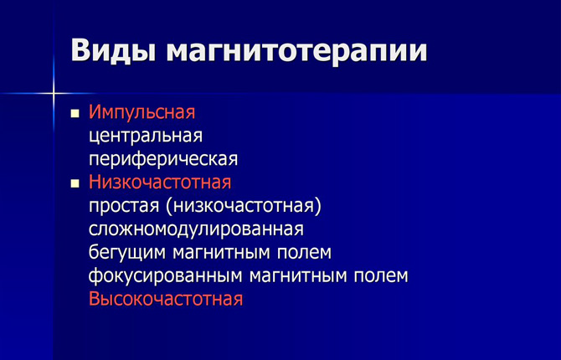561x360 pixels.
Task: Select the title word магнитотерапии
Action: (296, 52)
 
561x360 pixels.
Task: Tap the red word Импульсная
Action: (142, 113)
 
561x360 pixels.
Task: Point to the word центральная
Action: (146, 136)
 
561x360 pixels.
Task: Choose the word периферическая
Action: (163, 159)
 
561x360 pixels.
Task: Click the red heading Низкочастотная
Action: (160, 182)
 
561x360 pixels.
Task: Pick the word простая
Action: (124, 206)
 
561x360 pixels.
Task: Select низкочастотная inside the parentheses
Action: (243, 206)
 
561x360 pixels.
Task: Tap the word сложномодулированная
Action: (196, 229)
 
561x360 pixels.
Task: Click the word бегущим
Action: (127, 252)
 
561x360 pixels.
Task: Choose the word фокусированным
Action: (165, 275)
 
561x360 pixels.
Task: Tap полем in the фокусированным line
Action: (381, 275)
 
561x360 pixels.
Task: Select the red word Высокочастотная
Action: (166, 299)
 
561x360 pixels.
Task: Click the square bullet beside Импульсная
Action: (75, 114)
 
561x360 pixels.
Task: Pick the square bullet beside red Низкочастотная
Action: (75, 184)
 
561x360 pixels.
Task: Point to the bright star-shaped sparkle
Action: (54, 94)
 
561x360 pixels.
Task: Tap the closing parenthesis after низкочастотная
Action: (317, 207)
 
